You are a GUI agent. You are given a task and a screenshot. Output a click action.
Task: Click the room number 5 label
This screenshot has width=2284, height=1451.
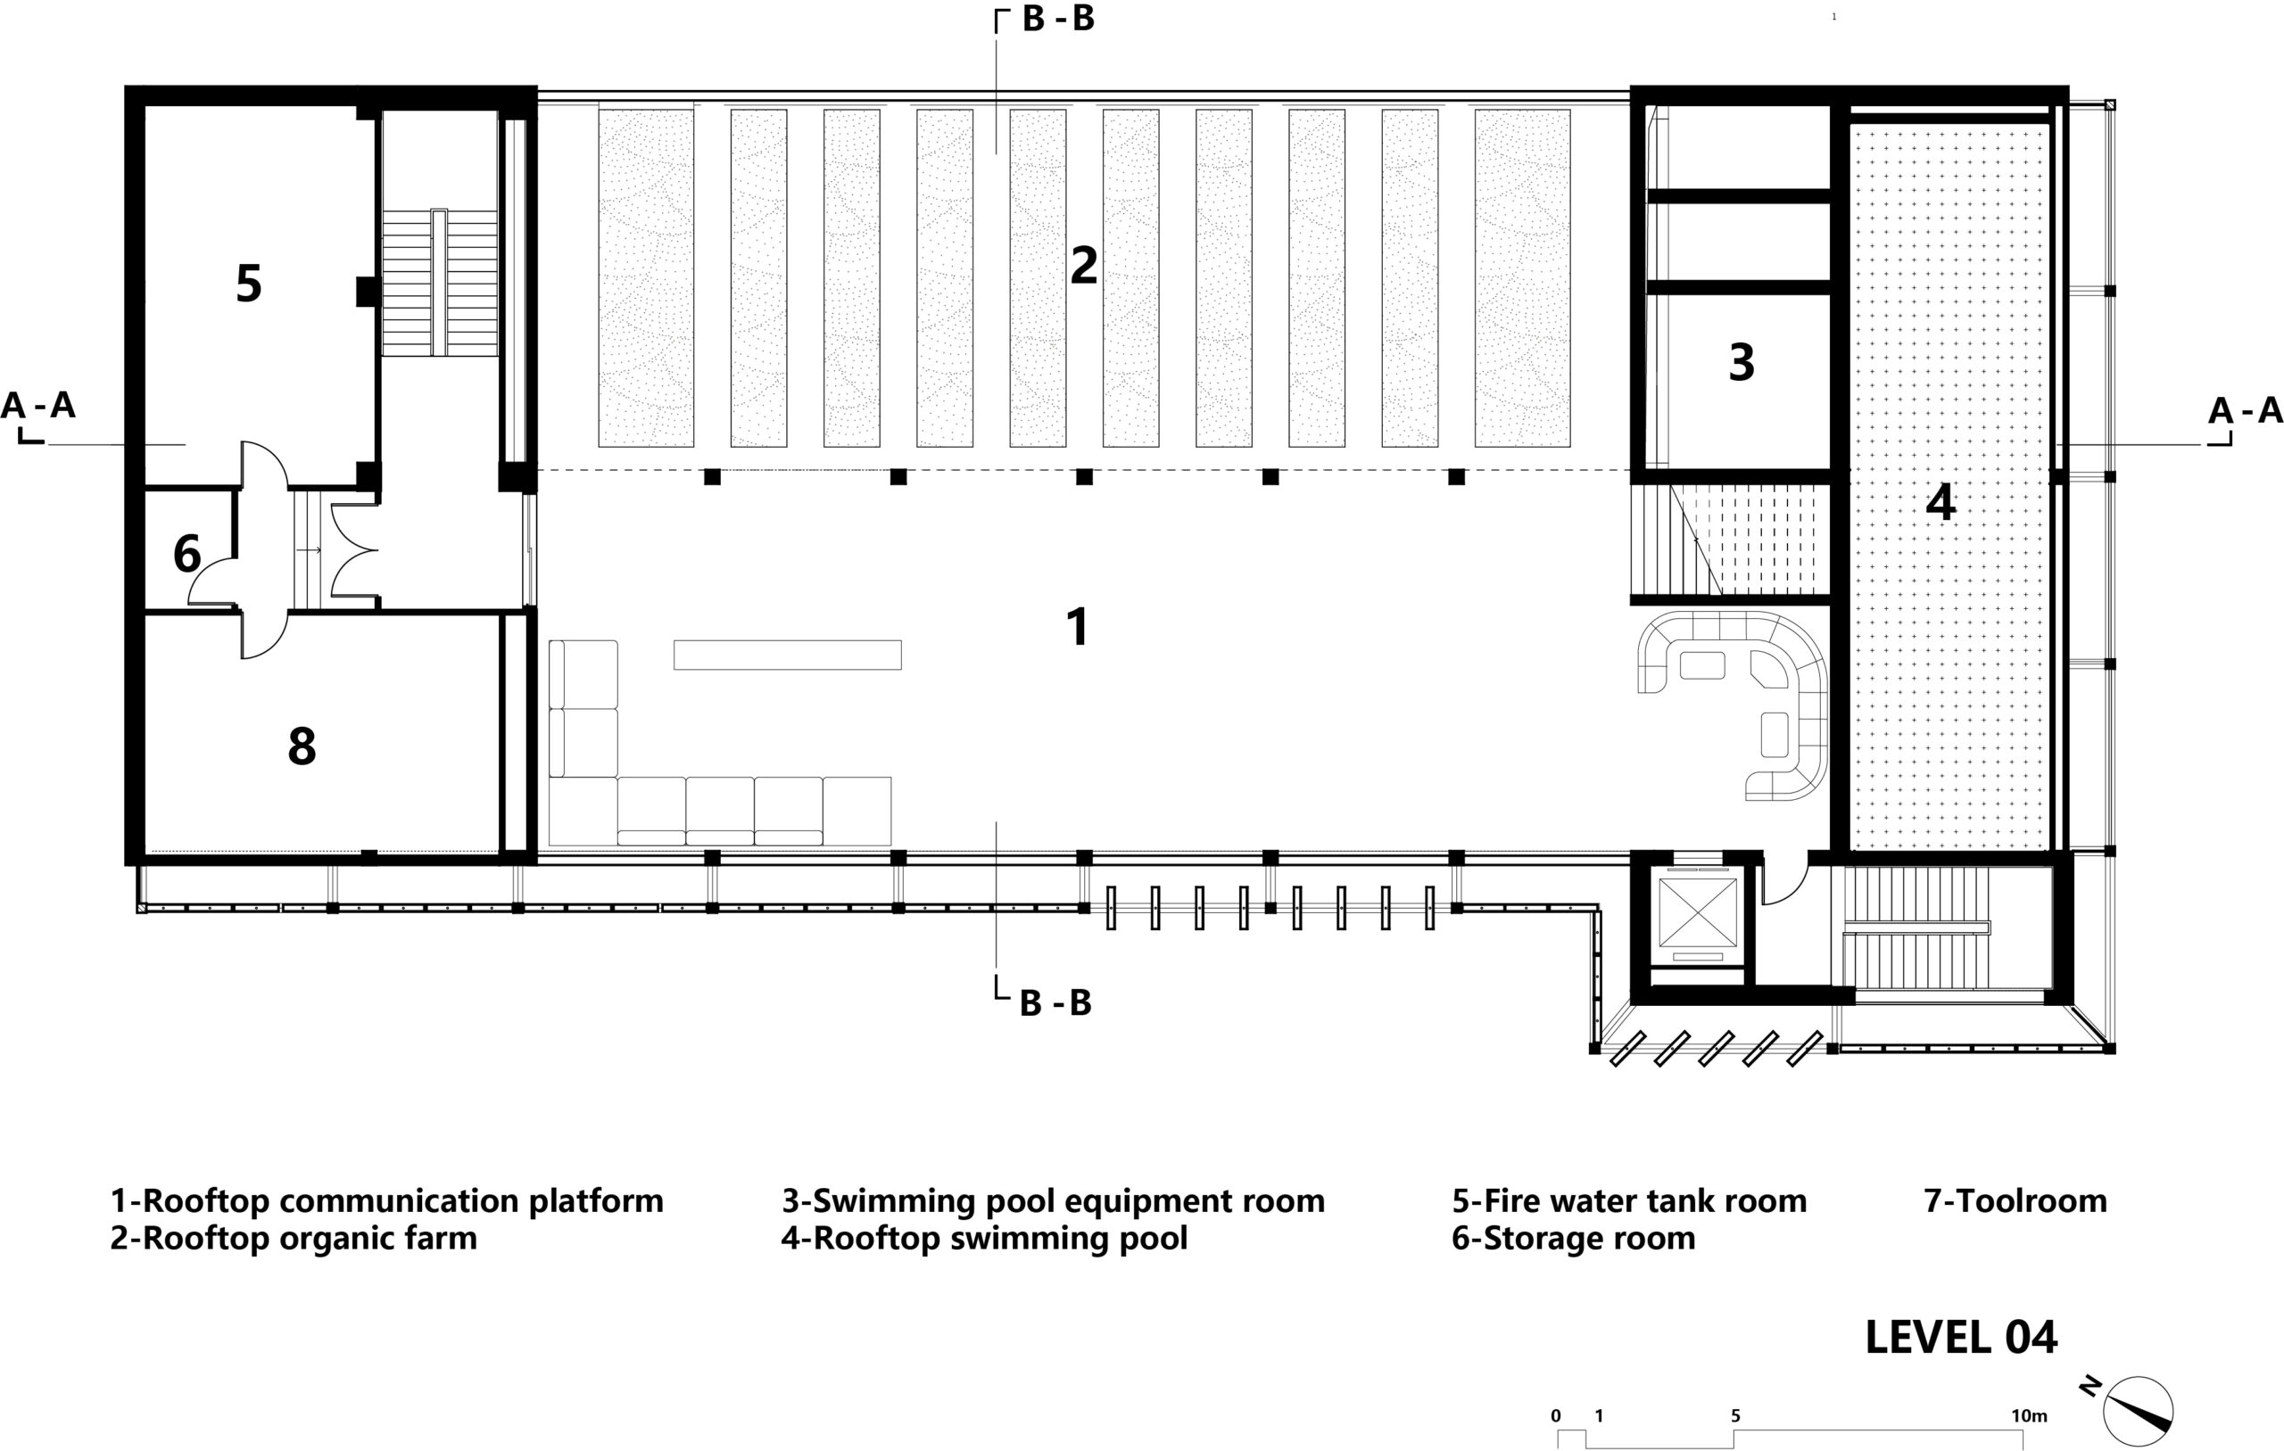point(249,284)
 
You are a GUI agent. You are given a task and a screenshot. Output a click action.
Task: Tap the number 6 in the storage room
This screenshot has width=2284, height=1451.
point(186,554)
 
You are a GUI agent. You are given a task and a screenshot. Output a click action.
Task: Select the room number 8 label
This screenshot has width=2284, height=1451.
point(302,746)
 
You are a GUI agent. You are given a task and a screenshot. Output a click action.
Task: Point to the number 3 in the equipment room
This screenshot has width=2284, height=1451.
point(1742,362)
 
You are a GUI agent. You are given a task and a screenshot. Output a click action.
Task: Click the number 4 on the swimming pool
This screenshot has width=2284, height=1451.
point(1941,503)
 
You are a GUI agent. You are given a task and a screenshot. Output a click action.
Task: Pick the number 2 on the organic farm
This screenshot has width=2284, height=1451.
point(1083,266)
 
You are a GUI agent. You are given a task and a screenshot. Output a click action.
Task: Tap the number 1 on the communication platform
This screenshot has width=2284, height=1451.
point(1078,627)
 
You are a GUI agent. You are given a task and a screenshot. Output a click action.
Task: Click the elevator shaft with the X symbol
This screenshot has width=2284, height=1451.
point(1697,918)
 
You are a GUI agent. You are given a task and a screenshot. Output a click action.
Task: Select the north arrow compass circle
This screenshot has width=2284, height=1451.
point(2138,1411)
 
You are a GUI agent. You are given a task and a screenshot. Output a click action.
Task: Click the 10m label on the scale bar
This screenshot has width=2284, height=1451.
point(2029,1416)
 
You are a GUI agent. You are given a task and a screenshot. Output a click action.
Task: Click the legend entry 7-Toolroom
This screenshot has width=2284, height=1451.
point(2015,1200)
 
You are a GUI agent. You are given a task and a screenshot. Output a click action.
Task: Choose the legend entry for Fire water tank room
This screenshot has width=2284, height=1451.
point(1628,1200)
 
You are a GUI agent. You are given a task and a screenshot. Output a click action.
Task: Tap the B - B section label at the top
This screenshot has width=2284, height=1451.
point(1057,19)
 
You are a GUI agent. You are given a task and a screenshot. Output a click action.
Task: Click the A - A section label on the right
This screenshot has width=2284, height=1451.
point(2245,410)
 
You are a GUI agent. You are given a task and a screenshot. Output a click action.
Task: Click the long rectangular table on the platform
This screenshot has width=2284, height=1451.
point(787,655)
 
